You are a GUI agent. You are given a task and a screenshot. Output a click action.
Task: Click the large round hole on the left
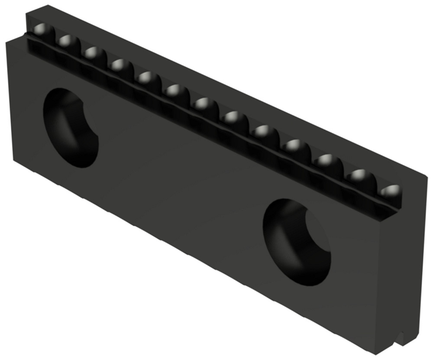tap(71, 128)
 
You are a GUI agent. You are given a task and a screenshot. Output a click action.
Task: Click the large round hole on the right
tap(297, 243)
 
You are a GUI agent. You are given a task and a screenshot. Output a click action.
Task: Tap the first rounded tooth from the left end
tap(41, 31)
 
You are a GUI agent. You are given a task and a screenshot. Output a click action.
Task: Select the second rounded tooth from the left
tap(67, 42)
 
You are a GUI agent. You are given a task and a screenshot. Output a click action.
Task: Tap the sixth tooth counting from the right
tap(233, 117)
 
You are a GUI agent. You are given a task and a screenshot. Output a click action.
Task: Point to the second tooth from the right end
tap(359, 176)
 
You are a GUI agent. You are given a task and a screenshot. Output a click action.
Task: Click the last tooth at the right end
tap(391, 191)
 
